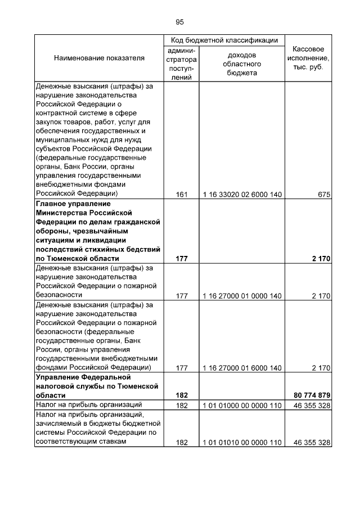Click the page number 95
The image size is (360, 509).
click(179, 22)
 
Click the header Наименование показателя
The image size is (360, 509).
click(99, 58)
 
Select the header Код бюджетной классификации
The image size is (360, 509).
click(224, 40)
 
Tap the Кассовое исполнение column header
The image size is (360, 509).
click(308, 58)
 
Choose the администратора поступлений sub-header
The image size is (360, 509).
click(181, 64)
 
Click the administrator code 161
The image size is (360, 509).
click(181, 195)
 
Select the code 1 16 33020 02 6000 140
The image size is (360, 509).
click(242, 195)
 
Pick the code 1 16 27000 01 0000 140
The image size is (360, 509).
click(242, 296)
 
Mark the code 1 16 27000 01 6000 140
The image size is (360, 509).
click(242, 368)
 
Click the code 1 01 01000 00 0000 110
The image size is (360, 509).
click(242, 406)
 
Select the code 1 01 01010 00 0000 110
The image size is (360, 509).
click(242, 443)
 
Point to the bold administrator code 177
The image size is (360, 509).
click(181, 259)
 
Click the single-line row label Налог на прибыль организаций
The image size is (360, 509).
click(84, 405)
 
